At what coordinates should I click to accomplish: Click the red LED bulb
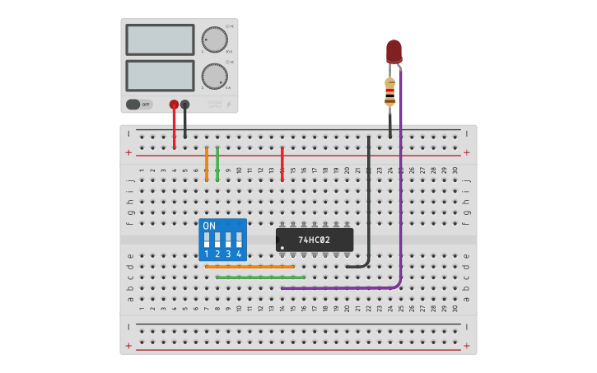tap(394, 51)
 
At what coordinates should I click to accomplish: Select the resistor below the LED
tap(389, 91)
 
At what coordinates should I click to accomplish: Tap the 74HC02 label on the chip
tap(314, 240)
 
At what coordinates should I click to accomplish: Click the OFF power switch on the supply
tap(139, 105)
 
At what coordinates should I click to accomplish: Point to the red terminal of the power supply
tap(174, 105)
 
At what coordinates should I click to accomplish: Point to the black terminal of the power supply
tap(184, 105)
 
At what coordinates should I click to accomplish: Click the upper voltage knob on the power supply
tap(214, 40)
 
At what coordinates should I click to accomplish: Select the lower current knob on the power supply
tap(214, 76)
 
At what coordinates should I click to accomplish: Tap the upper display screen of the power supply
tap(160, 40)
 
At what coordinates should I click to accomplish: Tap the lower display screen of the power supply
tap(160, 76)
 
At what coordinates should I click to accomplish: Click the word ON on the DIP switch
tap(209, 226)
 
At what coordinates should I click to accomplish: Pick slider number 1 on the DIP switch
tap(207, 240)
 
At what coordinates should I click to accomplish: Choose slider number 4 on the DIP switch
tap(239, 240)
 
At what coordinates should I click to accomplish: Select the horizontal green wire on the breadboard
tap(260, 277)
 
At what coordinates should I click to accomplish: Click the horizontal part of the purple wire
tap(338, 288)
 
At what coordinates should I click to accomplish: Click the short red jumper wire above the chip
tap(282, 163)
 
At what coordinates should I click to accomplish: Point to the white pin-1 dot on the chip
tap(282, 247)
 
